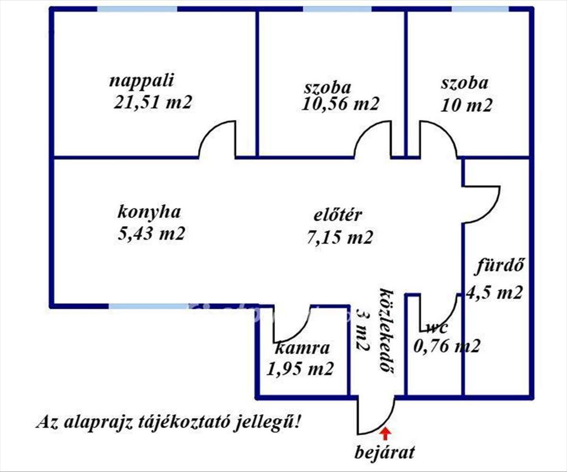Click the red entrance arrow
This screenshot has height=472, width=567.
(x=386, y=434)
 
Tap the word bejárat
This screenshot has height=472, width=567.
(x=385, y=453)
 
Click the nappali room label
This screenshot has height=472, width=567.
(x=141, y=81)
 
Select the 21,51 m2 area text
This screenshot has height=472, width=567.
(x=153, y=102)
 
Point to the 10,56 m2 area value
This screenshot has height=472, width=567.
(x=340, y=104)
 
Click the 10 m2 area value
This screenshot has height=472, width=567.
(x=466, y=105)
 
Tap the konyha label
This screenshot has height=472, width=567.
(x=149, y=212)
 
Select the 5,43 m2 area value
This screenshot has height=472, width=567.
(x=152, y=234)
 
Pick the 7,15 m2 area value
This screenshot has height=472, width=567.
(x=340, y=237)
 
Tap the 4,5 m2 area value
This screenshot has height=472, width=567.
(x=494, y=292)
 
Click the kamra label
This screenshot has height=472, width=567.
(x=302, y=347)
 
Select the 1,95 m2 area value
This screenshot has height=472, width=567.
(x=300, y=369)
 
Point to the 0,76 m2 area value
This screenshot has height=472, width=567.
(x=447, y=346)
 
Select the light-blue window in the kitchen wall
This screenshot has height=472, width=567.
(x=148, y=306)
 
